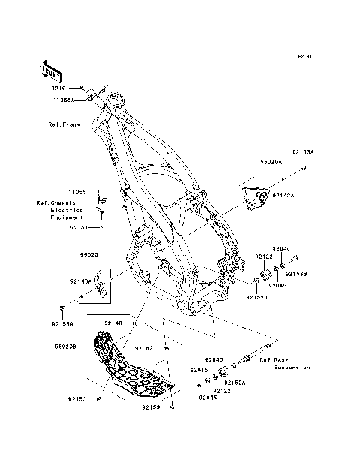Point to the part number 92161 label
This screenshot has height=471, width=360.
coord(79,226)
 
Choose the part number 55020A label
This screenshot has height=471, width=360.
coord(271,182)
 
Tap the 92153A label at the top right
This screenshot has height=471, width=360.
coord(303,151)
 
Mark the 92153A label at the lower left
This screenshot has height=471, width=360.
coord(63,324)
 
